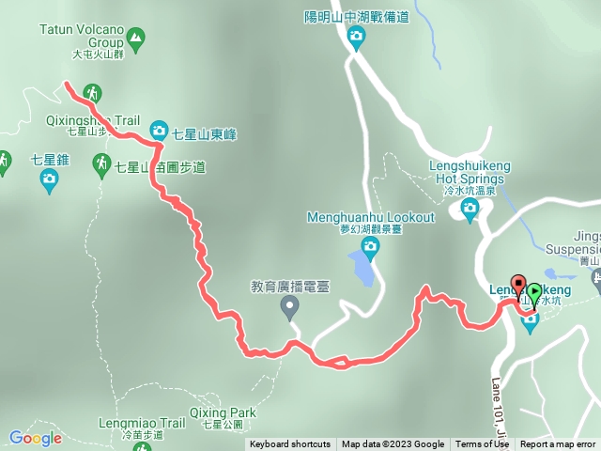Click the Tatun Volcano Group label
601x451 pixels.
82,36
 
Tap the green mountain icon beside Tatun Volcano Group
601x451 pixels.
137,39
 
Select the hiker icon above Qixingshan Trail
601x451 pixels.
92,92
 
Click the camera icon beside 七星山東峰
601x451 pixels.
159,131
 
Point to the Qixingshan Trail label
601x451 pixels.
92,121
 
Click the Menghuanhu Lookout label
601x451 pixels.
371,217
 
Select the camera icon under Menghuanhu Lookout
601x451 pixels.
370,248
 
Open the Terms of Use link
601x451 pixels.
482,444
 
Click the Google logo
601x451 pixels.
35,438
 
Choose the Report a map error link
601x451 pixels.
559,444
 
